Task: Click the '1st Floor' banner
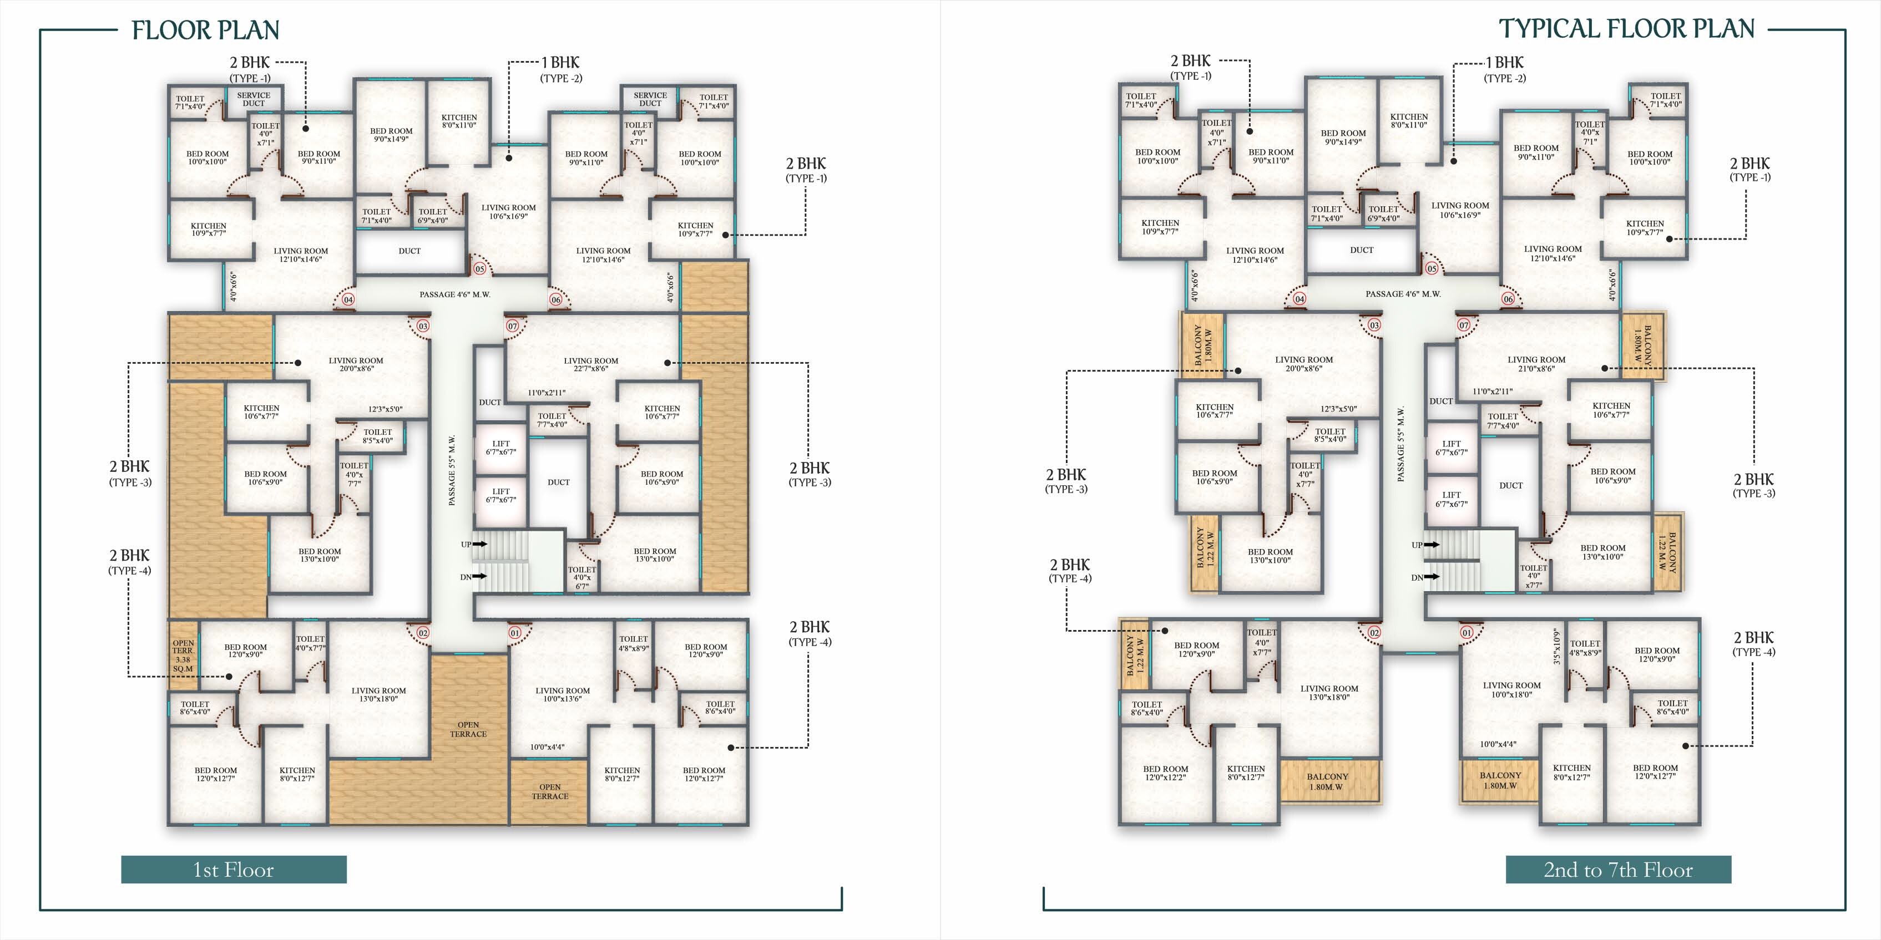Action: pos(234,869)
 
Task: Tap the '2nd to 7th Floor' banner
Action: pos(1618,869)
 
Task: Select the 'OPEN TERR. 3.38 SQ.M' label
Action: pos(183,656)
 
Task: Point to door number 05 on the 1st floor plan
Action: pos(480,268)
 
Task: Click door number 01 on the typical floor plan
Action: pos(1467,632)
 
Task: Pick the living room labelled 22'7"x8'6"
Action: pos(591,364)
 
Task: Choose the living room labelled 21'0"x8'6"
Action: pos(1536,363)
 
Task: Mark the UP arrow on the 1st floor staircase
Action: pos(480,543)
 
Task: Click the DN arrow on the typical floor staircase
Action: pos(1432,577)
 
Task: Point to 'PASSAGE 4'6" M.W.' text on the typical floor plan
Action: pos(1403,293)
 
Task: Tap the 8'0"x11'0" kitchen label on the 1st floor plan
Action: pos(459,120)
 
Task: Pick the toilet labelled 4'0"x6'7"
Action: pos(582,577)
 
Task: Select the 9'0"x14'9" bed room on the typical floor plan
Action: pos(1343,137)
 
